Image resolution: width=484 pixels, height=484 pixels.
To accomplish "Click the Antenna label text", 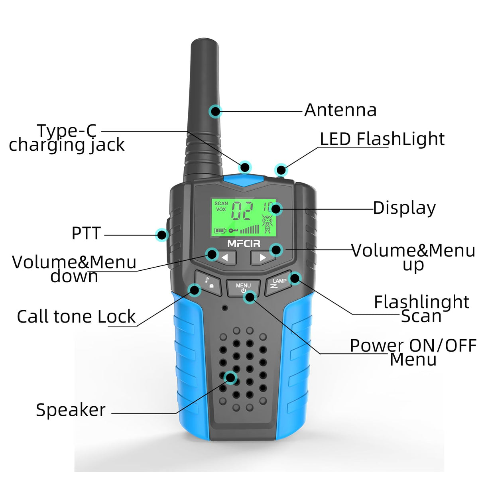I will pyautogui.click(x=340, y=110).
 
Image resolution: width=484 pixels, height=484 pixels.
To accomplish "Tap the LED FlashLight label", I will pyautogui.click(x=382, y=139).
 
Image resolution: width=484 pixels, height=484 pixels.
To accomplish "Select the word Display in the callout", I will pyautogui.click(x=404, y=208).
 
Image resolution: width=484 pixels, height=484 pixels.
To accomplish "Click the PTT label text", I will pyautogui.click(x=86, y=233).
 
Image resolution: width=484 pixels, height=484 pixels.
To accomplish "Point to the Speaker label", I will pyautogui.click(x=71, y=410).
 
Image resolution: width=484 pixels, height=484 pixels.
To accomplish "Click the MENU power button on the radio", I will pyautogui.click(x=243, y=287).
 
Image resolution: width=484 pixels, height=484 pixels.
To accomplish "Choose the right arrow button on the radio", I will pyautogui.click(x=262, y=258).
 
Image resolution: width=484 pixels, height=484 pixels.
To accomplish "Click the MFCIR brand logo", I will pyautogui.click(x=244, y=244).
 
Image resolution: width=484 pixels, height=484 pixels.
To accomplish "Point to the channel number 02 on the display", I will pyautogui.click(x=242, y=211).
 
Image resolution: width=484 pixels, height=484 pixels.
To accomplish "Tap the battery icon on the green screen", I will pyautogui.click(x=220, y=230).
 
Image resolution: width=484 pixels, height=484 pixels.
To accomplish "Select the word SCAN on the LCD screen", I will pyautogui.click(x=221, y=203).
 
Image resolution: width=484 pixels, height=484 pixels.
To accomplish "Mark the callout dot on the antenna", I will pyautogui.click(x=215, y=111).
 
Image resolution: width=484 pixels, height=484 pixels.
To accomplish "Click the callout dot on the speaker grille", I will pyautogui.click(x=230, y=378).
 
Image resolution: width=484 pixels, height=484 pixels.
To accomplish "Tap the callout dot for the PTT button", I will pyautogui.click(x=161, y=235).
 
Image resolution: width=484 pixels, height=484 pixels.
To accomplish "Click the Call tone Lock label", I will pyautogui.click(x=76, y=317).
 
